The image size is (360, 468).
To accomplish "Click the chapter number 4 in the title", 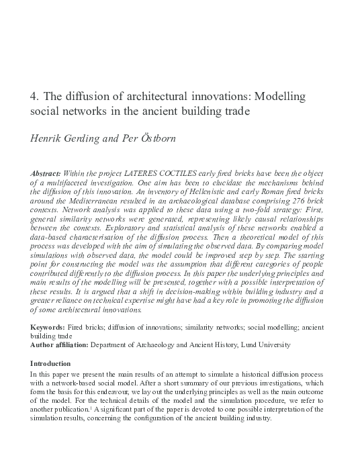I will [x=34, y=96].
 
